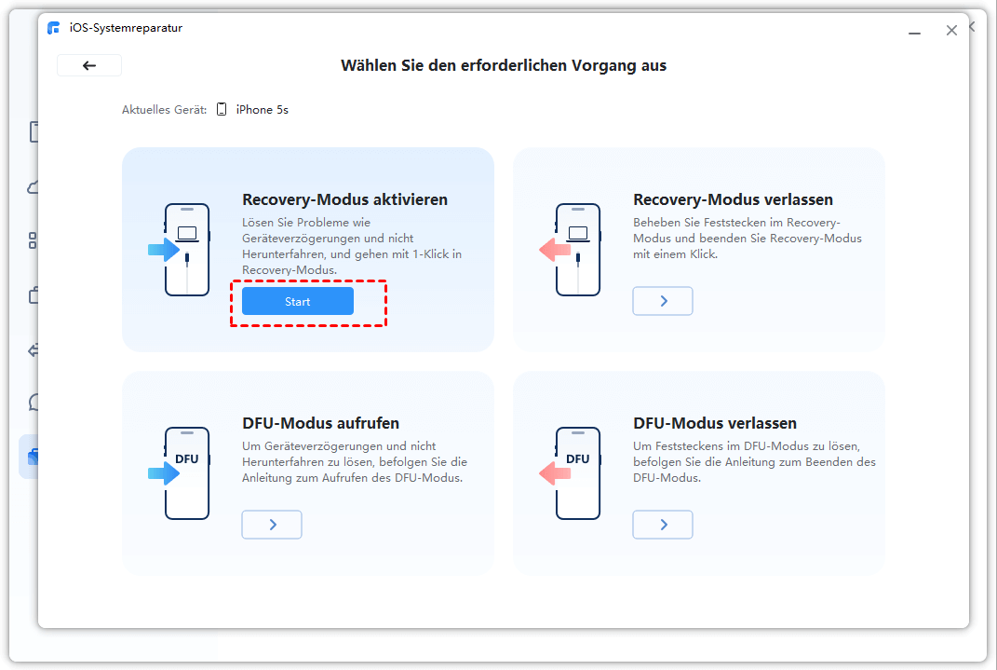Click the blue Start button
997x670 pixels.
(x=298, y=301)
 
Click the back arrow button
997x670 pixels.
(x=89, y=65)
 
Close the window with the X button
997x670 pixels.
(x=951, y=31)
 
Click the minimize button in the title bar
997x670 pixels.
(x=914, y=33)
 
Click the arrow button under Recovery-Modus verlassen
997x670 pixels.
(x=663, y=301)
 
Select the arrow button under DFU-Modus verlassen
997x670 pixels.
(x=663, y=525)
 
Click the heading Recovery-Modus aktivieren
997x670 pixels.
(x=344, y=199)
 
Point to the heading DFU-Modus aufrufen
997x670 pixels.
(x=320, y=423)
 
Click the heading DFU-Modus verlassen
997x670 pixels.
(x=715, y=423)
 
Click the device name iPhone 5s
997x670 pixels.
(x=262, y=109)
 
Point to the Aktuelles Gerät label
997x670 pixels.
(x=164, y=109)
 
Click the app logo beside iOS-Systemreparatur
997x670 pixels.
(x=53, y=28)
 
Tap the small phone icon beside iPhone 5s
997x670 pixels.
(x=222, y=109)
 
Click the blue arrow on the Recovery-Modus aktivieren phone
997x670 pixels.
(x=164, y=250)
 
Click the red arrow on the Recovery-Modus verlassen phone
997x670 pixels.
(x=555, y=250)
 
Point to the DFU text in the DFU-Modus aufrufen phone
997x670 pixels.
(x=187, y=458)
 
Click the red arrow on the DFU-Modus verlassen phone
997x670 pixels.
(x=555, y=473)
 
